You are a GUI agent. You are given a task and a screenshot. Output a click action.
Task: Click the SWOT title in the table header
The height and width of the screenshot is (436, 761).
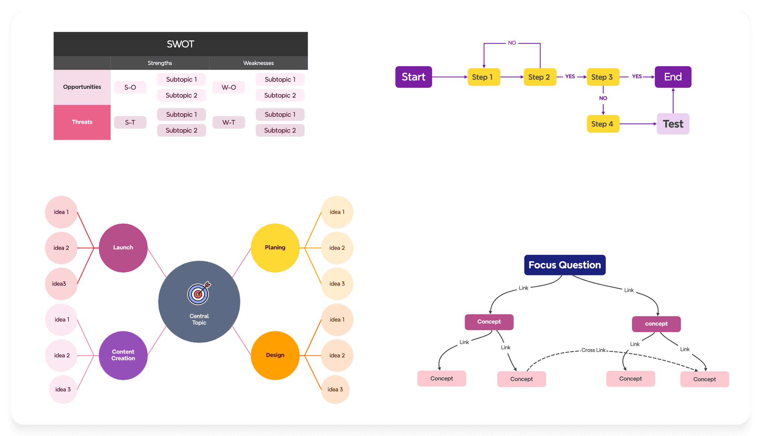[180, 44]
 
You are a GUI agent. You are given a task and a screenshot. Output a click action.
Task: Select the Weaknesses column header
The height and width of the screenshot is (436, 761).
[258, 63]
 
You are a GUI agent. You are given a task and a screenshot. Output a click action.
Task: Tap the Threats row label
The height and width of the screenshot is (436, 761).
[82, 122]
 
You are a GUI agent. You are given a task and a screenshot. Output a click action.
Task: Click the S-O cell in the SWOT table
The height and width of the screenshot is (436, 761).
[130, 87]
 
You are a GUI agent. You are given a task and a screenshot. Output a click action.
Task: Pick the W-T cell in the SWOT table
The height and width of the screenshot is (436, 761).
[229, 122]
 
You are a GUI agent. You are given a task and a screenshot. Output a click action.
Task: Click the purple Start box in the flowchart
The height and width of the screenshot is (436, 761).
[413, 77]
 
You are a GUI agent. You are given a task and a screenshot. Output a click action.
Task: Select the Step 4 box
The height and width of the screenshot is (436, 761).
[602, 124]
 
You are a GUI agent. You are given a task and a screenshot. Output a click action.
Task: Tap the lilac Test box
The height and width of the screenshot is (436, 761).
[673, 124]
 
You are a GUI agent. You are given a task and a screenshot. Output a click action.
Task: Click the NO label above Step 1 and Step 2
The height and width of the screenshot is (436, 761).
[512, 43]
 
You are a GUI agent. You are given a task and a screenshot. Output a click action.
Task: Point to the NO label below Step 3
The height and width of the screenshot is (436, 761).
[603, 98]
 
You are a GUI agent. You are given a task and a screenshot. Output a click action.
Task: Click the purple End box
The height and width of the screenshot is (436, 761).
[673, 77]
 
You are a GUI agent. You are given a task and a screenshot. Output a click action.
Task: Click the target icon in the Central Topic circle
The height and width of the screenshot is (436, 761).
[199, 293]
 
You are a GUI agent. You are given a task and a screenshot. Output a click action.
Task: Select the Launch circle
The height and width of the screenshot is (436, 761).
[123, 248]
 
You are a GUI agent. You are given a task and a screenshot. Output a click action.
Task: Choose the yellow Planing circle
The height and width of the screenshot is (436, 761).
[275, 248]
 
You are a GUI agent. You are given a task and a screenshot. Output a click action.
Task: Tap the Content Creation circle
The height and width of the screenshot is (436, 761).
[123, 355]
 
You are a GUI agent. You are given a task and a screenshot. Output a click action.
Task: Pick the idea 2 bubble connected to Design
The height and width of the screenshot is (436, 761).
[337, 355]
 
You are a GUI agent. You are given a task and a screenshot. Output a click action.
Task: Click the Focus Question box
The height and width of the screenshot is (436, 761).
[564, 265]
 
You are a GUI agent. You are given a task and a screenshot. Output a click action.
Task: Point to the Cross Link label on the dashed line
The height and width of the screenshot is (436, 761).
[593, 350]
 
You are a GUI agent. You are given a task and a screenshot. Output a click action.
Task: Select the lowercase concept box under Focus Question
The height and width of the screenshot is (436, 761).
[656, 324]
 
